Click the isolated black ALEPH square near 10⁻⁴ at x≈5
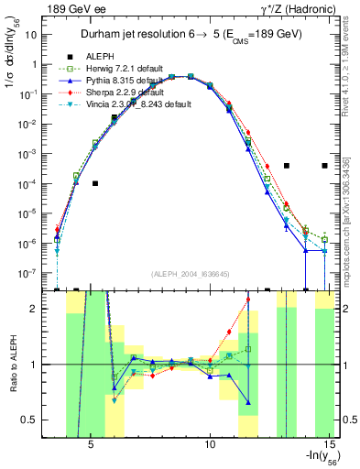pos(95,183)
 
